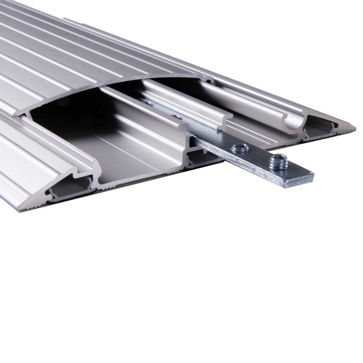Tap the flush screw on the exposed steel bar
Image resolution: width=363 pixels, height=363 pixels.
tap(240, 148)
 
